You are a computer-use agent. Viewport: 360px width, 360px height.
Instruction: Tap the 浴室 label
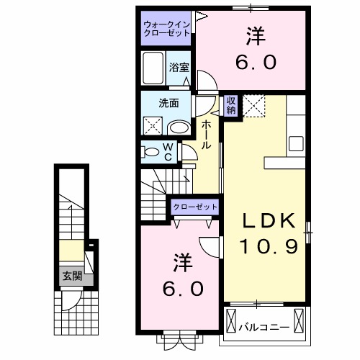coord(179,67)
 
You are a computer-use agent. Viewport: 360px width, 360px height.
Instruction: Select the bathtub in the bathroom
coord(154,69)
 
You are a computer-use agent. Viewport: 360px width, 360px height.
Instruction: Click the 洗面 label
coord(168,103)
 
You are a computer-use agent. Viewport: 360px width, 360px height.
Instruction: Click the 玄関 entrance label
coord(71,276)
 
